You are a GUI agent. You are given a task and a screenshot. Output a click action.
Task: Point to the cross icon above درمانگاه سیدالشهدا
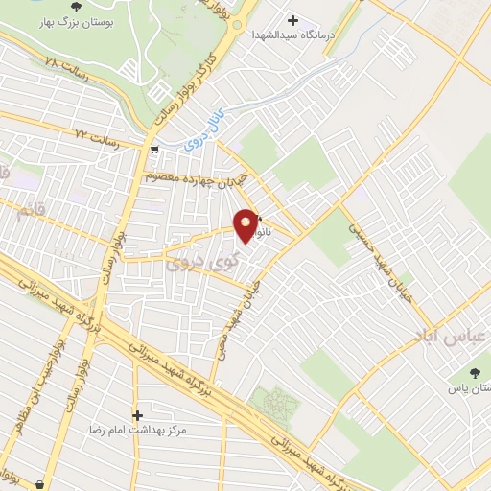point(292,20)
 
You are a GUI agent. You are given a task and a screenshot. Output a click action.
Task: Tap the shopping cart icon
point(154,149)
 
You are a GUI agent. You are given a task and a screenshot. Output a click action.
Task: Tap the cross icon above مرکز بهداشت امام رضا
point(138,415)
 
